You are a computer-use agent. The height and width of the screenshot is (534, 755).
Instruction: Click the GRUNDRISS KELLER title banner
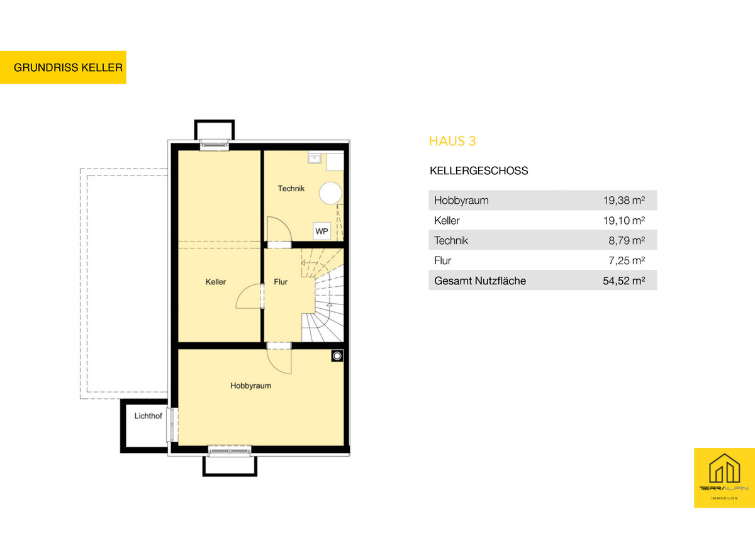coord(63,67)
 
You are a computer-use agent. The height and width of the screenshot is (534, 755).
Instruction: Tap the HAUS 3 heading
coord(452,141)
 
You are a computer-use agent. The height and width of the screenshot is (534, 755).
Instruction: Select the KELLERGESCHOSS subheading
coord(479,171)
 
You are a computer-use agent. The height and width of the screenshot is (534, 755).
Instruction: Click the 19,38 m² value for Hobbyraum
coord(624,201)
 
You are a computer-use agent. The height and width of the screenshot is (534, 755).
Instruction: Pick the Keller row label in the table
coord(447,221)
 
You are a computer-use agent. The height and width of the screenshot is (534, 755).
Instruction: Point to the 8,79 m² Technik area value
coord(627,240)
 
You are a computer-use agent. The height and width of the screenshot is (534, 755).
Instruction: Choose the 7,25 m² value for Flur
coord(627,260)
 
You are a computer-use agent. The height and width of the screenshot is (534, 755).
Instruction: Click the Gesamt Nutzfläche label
coord(480,281)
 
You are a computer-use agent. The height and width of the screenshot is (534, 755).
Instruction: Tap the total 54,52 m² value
coord(624,281)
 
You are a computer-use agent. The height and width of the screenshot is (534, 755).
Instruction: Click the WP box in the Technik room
coord(322,231)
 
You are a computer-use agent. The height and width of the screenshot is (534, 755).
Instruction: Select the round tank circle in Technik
coord(331,193)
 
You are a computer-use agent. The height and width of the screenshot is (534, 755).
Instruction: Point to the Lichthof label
coord(148,416)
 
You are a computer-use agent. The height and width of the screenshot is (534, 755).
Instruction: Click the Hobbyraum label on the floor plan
coord(251,386)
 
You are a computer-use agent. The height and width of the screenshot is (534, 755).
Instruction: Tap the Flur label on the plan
coord(281,282)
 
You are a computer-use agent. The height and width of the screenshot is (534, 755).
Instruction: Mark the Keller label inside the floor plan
coord(216,282)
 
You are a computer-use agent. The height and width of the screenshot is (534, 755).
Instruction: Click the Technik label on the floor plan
coord(291,188)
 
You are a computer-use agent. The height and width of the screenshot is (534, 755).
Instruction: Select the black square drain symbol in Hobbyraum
coord(337,356)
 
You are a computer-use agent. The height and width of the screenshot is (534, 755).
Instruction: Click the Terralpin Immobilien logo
coord(724,478)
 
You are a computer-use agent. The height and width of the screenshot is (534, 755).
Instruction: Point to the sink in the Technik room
coord(315,158)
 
